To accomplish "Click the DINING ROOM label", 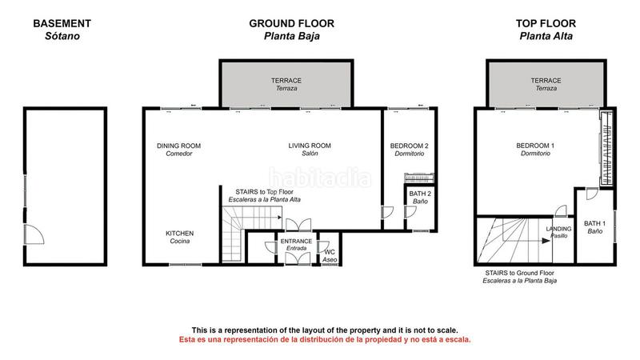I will tap(178, 146).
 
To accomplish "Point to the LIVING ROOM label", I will tap(310, 146).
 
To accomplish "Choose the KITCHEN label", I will tap(179, 234).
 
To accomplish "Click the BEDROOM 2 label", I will tap(409, 146).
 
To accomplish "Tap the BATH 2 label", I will tap(420, 194).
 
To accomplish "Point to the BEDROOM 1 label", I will tap(535, 146).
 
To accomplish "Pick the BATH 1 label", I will tap(594, 223).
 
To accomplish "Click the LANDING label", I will tap(559, 229).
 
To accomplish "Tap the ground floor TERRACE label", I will tap(284, 81).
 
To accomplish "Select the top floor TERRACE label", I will tap(547, 81).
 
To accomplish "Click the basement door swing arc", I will tap(34, 234).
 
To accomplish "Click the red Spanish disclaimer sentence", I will tap(324, 339).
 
